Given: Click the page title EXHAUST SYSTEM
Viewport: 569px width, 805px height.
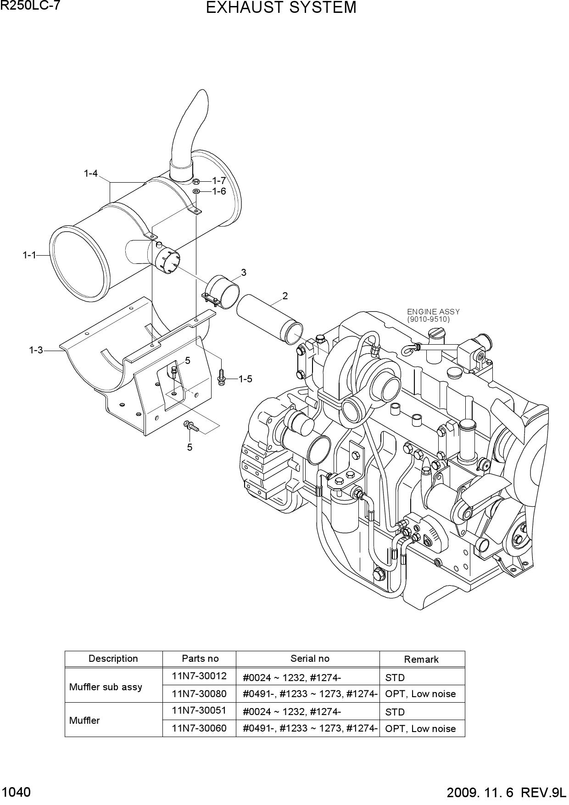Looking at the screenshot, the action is [x=281, y=8].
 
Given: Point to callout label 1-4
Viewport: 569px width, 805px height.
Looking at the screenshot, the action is [x=91, y=173].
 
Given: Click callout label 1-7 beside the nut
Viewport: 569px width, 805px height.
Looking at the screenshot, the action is [x=219, y=181].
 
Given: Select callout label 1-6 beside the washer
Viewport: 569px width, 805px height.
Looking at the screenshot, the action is [x=219, y=191].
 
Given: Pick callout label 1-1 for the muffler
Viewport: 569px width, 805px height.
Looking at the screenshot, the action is [x=29, y=255].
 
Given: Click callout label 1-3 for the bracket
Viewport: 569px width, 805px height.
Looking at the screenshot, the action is [x=36, y=350].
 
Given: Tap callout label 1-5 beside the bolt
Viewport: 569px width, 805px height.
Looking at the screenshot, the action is [x=245, y=379].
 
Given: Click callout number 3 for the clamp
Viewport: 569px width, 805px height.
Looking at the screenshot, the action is [x=244, y=272].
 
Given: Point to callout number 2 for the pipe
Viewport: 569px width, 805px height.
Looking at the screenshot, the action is [x=285, y=296].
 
